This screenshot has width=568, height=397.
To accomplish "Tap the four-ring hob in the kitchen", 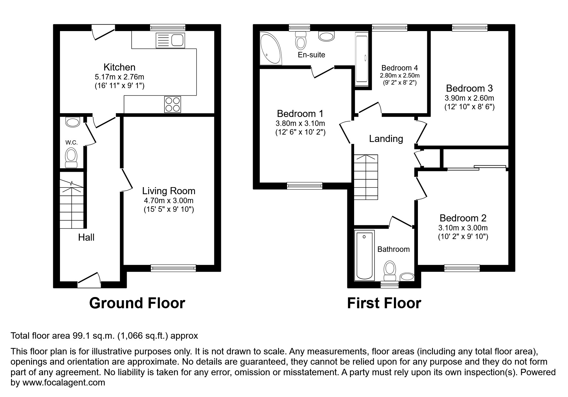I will tap(173, 104).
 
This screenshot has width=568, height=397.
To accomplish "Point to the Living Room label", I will tap(169, 191).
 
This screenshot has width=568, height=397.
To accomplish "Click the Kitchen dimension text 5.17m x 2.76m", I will tap(119, 77).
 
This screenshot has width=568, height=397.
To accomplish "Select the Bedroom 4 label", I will tap(400, 68).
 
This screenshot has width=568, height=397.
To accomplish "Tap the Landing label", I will tap(386, 139).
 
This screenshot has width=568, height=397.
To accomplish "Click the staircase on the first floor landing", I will tap(366, 177).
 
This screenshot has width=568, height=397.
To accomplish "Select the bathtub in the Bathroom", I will tap(364, 255).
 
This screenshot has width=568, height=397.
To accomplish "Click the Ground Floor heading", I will tap(137, 303).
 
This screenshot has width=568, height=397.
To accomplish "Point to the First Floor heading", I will tap(384, 303).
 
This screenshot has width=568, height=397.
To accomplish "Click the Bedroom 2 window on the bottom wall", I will tap(462, 268).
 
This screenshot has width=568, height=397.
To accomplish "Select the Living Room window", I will tap(173, 268).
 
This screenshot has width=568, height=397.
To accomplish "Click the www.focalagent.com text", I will tap(64, 382).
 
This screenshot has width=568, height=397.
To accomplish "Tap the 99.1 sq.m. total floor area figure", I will tap(93, 336).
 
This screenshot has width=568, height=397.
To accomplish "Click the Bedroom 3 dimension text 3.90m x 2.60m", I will tap(469, 98).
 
